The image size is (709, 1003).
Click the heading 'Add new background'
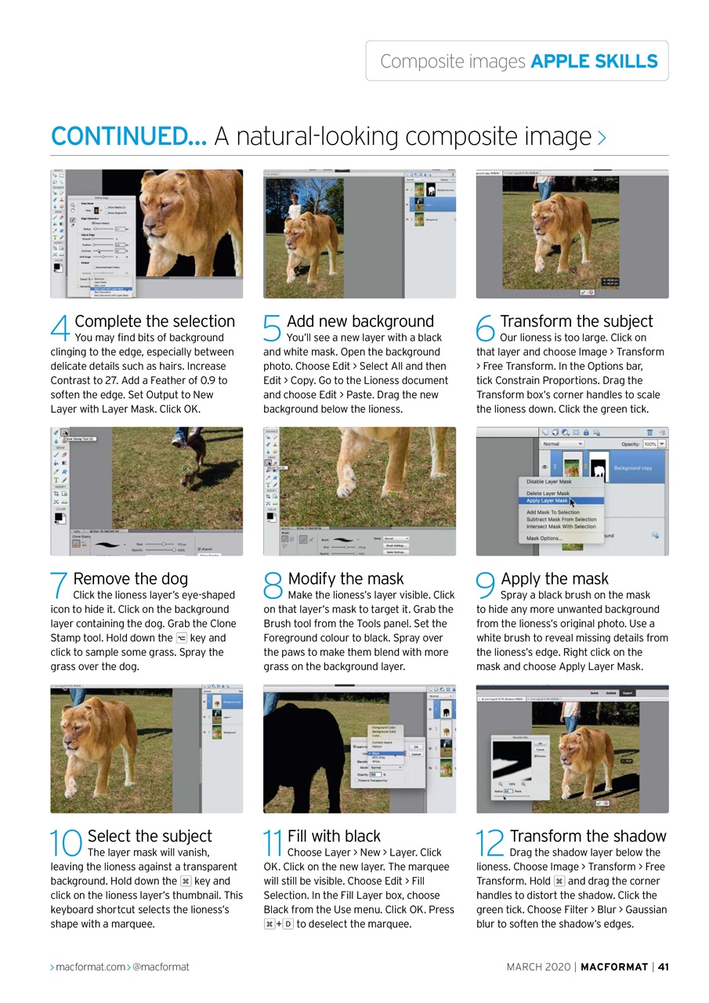click(x=360, y=321)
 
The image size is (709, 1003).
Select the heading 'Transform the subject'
click(x=576, y=321)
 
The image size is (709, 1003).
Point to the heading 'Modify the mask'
click(x=345, y=579)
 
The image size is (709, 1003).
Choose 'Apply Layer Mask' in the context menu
click(x=548, y=500)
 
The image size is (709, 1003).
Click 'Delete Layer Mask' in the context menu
click(x=548, y=493)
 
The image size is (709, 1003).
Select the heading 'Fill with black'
click(x=334, y=836)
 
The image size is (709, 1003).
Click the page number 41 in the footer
click(x=662, y=967)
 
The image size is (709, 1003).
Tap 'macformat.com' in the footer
click(x=90, y=967)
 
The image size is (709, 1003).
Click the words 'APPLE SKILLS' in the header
click(x=594, y=61)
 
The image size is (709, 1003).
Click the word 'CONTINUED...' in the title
click(x=128, y=136)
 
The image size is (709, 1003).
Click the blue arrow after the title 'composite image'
click(x=602, y=139)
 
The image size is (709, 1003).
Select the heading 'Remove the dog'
click(x=130, y=579)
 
